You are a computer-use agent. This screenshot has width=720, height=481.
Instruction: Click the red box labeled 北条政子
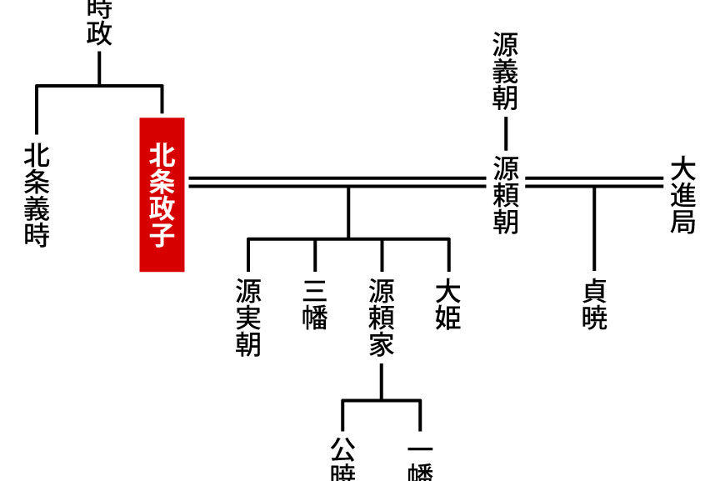pyautogui.click(x=162, y=194)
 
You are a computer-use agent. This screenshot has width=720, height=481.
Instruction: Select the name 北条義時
pyautogui.click(x=37, y=195)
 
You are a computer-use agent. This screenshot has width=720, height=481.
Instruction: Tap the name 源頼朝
pyautogui.click(x=506, y=194)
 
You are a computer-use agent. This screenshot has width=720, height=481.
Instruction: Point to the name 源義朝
pyautogui.click(x=506, y=72)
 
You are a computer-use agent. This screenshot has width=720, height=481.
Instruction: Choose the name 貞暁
pyautogui.click(x=594, y=305)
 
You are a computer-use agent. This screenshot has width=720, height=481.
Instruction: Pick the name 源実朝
pyautogui.click(x=248, y=318)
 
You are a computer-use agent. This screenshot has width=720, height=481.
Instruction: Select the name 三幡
pyautogui.click(x=315, y=305)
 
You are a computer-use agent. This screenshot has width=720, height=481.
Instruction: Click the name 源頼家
pyautogui.click(x=382, y=318)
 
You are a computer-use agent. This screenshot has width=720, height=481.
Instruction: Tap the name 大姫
pyautogui.click(x=448, y=305)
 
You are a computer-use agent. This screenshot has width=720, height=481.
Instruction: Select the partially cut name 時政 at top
pyautogui.click(x=99, y=22)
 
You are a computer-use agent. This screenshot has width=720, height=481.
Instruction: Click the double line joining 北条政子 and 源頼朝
pyautogui.click(x=333, y=182)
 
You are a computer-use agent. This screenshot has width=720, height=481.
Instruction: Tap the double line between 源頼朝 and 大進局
pyautogui.click(x=593, y=182)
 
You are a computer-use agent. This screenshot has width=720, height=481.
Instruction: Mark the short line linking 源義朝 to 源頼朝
pyautogui.click(x=506, y=133)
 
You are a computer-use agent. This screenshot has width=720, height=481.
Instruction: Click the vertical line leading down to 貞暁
pyautogui.click(x=594, y=233)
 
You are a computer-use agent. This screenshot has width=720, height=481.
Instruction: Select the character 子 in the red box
pyautogui.click(x=162, y=235)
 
